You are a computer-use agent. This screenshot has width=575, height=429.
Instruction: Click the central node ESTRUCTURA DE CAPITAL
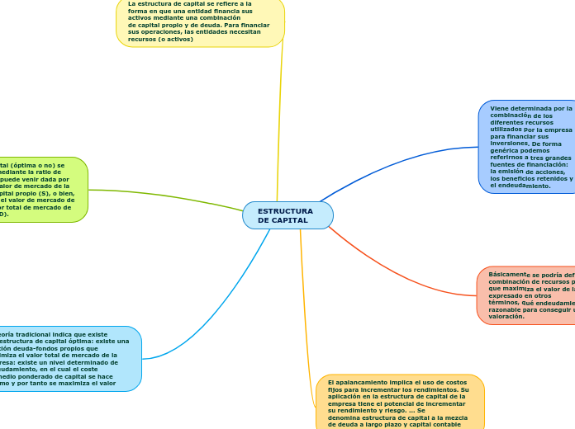287,215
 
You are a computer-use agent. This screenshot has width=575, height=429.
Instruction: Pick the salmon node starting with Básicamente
527,295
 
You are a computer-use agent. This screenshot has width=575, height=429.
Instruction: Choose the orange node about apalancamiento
400,402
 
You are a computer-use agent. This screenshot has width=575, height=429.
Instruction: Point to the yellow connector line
278,124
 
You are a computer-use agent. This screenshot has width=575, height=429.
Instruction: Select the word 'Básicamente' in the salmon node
508,274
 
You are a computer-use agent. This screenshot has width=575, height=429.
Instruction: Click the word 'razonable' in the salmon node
504,309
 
